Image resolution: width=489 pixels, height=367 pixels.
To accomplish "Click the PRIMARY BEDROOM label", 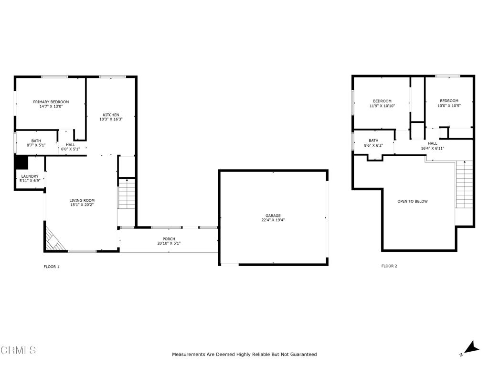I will click(51, 102).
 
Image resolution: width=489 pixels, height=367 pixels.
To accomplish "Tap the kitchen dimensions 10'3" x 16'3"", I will click(111, 119).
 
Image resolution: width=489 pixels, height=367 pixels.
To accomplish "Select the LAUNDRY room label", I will click(30, 176).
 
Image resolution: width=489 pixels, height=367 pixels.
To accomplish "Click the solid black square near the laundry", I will click(21, 162).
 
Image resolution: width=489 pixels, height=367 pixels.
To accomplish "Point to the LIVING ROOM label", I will click(82, 200).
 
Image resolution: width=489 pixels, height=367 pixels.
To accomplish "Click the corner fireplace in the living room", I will click(54, 239).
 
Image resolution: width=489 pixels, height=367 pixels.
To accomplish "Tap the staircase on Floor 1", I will click(127, 194).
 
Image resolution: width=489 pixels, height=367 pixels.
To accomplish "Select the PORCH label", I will click(169, 239).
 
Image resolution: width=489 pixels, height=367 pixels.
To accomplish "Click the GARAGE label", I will click(273, 216).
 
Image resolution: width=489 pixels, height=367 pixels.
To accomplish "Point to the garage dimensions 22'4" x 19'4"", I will click(273, 220).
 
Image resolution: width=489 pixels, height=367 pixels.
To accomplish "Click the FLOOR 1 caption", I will click(52, 267).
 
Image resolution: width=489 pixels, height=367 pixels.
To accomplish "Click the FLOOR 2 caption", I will click(389, 266).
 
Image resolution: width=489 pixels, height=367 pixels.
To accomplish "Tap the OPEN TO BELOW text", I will click(413, 201).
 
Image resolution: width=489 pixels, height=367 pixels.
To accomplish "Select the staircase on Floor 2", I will click(464, 184).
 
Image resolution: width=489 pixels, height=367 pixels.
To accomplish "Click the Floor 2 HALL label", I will click(432, 143).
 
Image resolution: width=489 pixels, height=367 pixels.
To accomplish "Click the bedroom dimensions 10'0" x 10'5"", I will click(449, 106).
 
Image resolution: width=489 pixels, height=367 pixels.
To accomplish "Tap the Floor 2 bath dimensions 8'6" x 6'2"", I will click(373, 145).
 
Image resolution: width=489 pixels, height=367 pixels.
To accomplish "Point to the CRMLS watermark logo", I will click(18, 350).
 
